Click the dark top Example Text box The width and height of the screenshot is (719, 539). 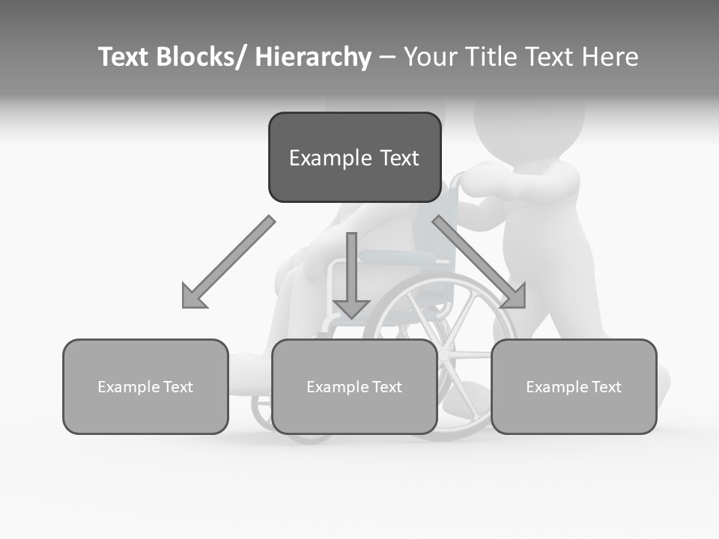click(x=354, y=157)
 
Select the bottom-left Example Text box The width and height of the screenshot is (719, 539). click(x=145, y=386)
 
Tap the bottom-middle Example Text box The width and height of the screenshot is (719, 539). click(x=354, y=386)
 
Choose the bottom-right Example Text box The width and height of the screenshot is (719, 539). click(x=574, y=386)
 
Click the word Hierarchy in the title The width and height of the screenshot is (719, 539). click(x=313, y=57)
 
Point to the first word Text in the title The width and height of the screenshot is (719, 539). click(x=124, y=57)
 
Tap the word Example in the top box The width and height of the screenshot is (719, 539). click(x=330, y=158)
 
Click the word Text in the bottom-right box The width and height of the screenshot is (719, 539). click(x=604, y=386)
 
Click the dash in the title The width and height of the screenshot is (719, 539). click(x=387, y=57)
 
